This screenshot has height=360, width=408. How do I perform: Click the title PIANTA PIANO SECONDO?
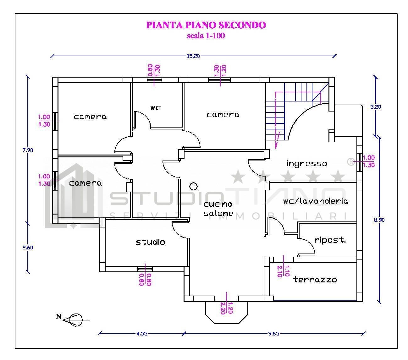tap(206, 25)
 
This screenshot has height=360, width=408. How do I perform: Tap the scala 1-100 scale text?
tap(206, 35)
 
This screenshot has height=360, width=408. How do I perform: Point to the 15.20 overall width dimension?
tap(193, 56)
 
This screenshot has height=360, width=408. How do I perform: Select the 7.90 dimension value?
tap(28, 150)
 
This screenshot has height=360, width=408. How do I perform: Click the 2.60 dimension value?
tap(28, 248)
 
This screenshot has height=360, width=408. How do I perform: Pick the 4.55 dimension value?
tap(142, 334)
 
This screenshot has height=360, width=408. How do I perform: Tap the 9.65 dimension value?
tap(274, 334)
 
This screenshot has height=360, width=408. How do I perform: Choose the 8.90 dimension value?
tap(379, 220)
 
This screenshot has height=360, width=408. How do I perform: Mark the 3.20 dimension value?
tap(376, 107)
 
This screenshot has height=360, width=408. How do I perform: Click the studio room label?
tap(151, 242)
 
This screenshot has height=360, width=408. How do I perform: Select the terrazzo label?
tap(315, 280)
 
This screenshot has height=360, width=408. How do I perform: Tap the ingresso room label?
tap(307, 163)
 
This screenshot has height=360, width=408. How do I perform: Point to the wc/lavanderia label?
tap(316, 201)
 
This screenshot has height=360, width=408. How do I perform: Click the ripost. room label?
tap(330, 240)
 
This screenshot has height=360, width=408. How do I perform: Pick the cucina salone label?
tap(218, 209)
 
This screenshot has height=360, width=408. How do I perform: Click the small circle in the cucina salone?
tap(194, 186)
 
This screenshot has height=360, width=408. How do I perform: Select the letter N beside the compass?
tap(58, 316)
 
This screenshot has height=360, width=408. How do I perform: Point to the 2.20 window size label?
tap(223, 308)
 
